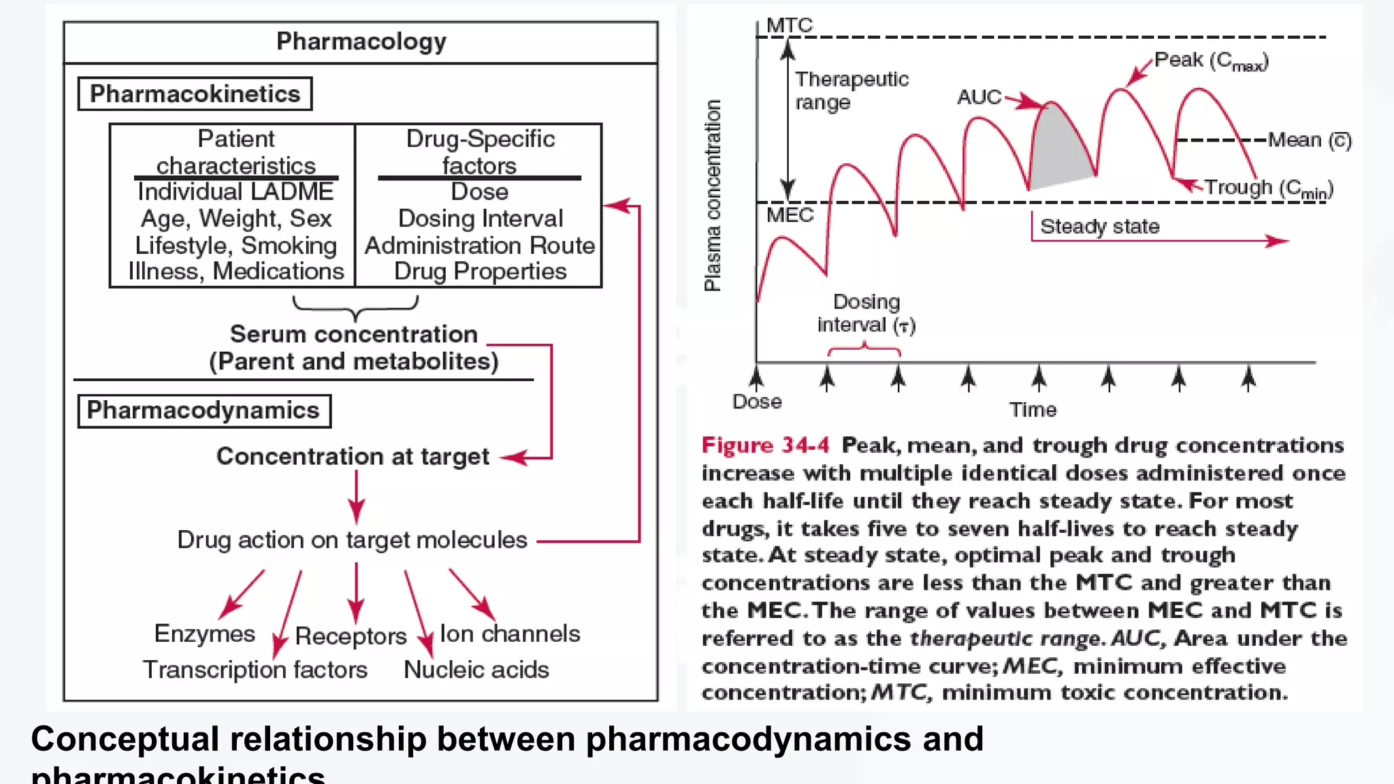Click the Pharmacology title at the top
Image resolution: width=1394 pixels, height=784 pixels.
(x=361, y=42)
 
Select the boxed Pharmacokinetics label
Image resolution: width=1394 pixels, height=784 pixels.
(x=195, y=94)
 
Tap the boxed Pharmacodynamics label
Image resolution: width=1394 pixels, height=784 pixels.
(x=203, y=410)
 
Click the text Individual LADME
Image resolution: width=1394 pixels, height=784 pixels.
(x=236, y=192)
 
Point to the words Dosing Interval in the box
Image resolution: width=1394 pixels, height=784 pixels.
(x=480, y=218)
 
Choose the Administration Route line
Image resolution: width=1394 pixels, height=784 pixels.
(x=479, y=245)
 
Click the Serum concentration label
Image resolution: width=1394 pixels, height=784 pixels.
(x=353, y=334)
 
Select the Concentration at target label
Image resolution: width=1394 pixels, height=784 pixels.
(x=353, y=456)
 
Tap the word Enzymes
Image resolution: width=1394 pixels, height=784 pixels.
(x=204, y=634)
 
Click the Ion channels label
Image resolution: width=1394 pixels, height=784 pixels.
(x=510, y=634)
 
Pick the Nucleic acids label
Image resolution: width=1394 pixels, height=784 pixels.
(x=476, y=670)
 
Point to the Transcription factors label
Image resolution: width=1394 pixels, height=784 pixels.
(x=255, y=670)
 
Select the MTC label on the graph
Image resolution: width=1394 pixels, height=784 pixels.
(x=789, y=25)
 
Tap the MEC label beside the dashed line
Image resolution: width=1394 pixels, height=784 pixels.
(x=790, y=215)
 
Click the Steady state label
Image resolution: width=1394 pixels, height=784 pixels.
(x=1099, y=226)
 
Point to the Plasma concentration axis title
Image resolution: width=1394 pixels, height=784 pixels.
(x=712, y=196)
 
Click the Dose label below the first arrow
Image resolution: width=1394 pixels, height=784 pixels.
(x=757, y=402)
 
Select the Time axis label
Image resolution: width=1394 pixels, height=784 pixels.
(x=1033, y=410)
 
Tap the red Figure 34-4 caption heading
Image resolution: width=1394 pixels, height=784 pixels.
(x=765, y=445)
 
